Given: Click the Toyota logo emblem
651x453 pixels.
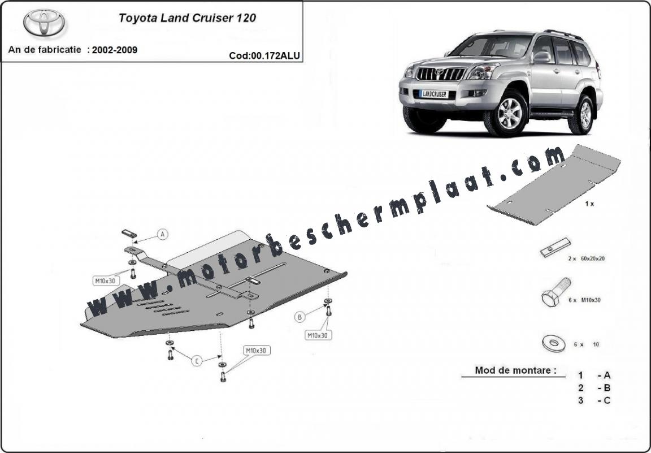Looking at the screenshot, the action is pos(44,23).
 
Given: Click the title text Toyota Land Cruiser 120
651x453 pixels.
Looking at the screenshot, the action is pos(187,18).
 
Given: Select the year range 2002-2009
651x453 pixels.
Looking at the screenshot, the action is pos(115,50).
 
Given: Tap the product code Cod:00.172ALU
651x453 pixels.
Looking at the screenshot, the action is pos(264,55).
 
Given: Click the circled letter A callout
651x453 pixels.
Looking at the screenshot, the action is pos(163,234).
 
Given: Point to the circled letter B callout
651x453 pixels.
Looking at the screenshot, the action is pos(300,317).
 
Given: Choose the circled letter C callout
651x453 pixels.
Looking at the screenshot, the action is pos(197,361).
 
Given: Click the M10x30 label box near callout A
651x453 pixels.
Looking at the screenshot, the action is pos(106,281).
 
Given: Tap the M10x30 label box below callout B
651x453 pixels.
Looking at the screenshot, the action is pos(319,335).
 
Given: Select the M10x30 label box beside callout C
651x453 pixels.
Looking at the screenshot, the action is pos(256,351).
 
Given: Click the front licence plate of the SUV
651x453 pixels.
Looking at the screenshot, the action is pos(435,94).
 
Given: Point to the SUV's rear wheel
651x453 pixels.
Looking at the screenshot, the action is pos(585,115).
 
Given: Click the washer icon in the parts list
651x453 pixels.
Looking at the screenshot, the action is pos(553,344).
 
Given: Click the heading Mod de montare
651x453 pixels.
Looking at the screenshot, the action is pos(515,370).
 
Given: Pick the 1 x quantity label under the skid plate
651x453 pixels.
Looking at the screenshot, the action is pos(589,204).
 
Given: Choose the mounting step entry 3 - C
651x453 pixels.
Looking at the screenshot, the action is pos(594,400).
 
